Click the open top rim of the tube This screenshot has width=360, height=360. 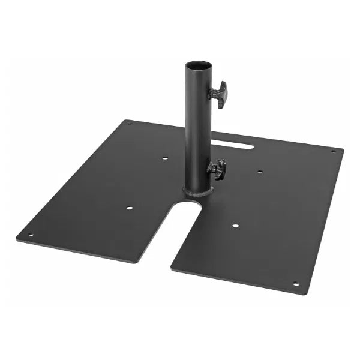click(199, 64)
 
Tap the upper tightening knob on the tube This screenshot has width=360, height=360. click(220, 94)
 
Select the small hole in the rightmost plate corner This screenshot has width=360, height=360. click(334, 151)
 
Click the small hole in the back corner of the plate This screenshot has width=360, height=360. click(128, 124)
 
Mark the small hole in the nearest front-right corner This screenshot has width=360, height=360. click(295, 284)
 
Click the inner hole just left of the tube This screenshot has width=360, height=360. click(165, 158)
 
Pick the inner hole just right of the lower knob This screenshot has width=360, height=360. click(259, 172)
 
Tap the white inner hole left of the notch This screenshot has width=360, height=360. click(129, 208)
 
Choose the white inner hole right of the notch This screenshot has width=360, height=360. click(235, 226)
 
